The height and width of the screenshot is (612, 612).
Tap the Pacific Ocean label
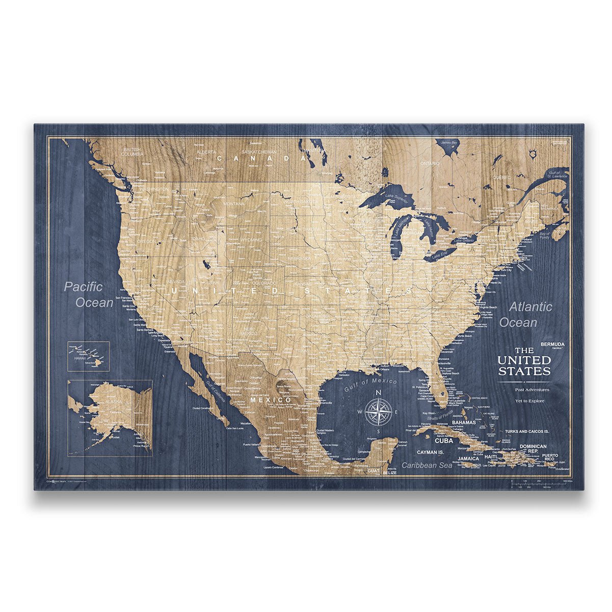89,295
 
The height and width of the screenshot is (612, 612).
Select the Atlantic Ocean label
523,315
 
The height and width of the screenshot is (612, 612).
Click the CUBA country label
444,441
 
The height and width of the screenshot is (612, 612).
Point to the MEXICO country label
271,400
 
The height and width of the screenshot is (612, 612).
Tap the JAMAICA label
468,458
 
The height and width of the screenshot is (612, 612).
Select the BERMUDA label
552,344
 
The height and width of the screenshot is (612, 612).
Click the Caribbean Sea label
427,465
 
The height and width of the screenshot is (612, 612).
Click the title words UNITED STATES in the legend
524,365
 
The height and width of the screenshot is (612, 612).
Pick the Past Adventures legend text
532,390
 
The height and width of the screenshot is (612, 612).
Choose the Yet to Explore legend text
529,401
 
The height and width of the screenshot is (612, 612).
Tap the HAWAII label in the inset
81,358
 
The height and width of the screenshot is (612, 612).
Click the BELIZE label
389,473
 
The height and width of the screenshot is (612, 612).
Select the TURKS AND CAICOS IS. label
526,431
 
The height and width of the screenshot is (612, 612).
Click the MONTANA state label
234,203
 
